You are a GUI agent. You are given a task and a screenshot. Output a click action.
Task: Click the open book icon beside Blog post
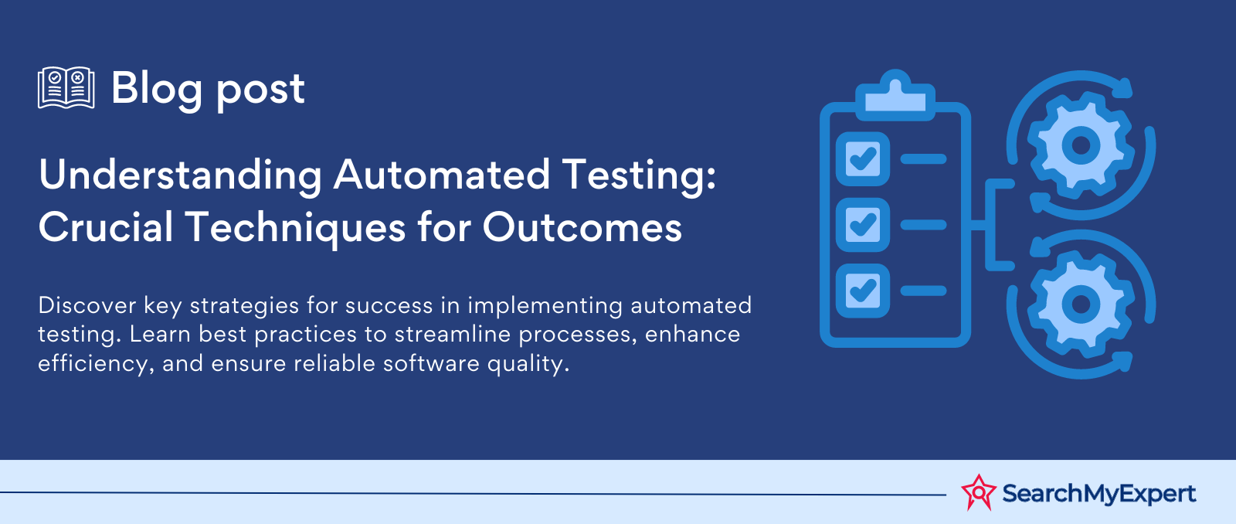pyautogui.click(x=66, y=88)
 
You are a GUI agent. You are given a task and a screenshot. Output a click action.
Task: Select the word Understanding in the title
pyautogui.click(x=180, y=175)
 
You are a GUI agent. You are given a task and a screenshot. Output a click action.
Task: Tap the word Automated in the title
pyautogui.click(x=441, y=175)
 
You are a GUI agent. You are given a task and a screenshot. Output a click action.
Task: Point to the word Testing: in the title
pyautogui.click(x=639, y=176)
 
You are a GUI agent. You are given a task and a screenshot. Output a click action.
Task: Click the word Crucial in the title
pyautogui.click(x=106, y=228)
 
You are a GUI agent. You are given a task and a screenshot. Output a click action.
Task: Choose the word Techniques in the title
pyautogui.click(x=295, y=229)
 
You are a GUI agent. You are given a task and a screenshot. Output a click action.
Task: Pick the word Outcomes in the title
pyautogui.click(x=582, y=228)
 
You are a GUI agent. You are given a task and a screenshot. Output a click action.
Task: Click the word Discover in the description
pyautogui.click(x=87, y=305)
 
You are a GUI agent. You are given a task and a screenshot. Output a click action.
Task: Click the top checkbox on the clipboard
pyautogui.click(x=863, y=158)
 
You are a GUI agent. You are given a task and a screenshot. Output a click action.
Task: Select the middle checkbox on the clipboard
pyautogui.click(x=863, y=224)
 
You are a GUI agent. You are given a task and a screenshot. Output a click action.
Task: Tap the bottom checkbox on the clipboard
pyautogui.click(x=863, y=291)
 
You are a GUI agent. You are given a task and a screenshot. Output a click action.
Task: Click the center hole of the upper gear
pyautogui.click(x=1081, y=145)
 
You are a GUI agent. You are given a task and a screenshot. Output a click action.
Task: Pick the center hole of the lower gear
pyautogui.click(x=1081, y=305)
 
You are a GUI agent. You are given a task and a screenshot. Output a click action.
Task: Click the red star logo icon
pyautogui.click(x=978, y=492)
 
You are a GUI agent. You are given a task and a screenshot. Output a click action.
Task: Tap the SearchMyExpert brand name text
pyautogui.click(x=1098, y=493)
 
